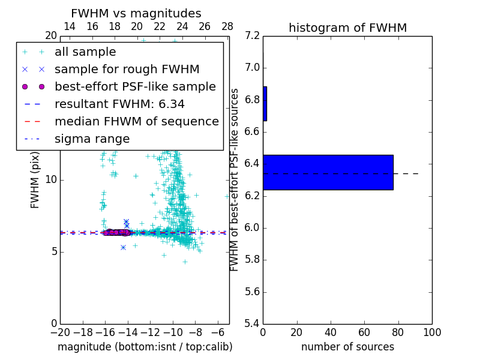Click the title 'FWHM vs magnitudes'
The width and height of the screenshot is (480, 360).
pos(136,14)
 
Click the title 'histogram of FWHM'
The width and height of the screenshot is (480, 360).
pos(347,28)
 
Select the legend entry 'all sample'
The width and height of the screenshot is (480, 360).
pos(85,52)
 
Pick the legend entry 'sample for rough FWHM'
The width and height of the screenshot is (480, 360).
pos(127,70)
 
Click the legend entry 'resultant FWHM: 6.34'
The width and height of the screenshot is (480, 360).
pos(119,104)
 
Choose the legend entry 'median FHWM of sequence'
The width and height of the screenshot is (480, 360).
pos(136,122)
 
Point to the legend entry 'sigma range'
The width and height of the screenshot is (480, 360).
pos(92,139)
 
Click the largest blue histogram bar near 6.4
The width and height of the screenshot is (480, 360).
pos(328,172)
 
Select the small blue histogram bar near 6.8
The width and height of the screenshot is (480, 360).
pos(265,104)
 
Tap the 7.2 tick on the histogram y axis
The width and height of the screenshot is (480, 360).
pos(253,36)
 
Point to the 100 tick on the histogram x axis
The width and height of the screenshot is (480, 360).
pos(431,332)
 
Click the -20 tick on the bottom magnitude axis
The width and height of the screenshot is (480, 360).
pos(60,332)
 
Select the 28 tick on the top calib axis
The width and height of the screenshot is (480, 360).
pos(227,27)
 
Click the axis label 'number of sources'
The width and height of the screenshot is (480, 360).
pos(347,347)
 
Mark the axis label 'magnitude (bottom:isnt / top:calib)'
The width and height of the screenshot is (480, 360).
pos(145,347)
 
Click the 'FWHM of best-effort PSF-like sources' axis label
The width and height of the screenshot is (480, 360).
pos(235,180)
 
